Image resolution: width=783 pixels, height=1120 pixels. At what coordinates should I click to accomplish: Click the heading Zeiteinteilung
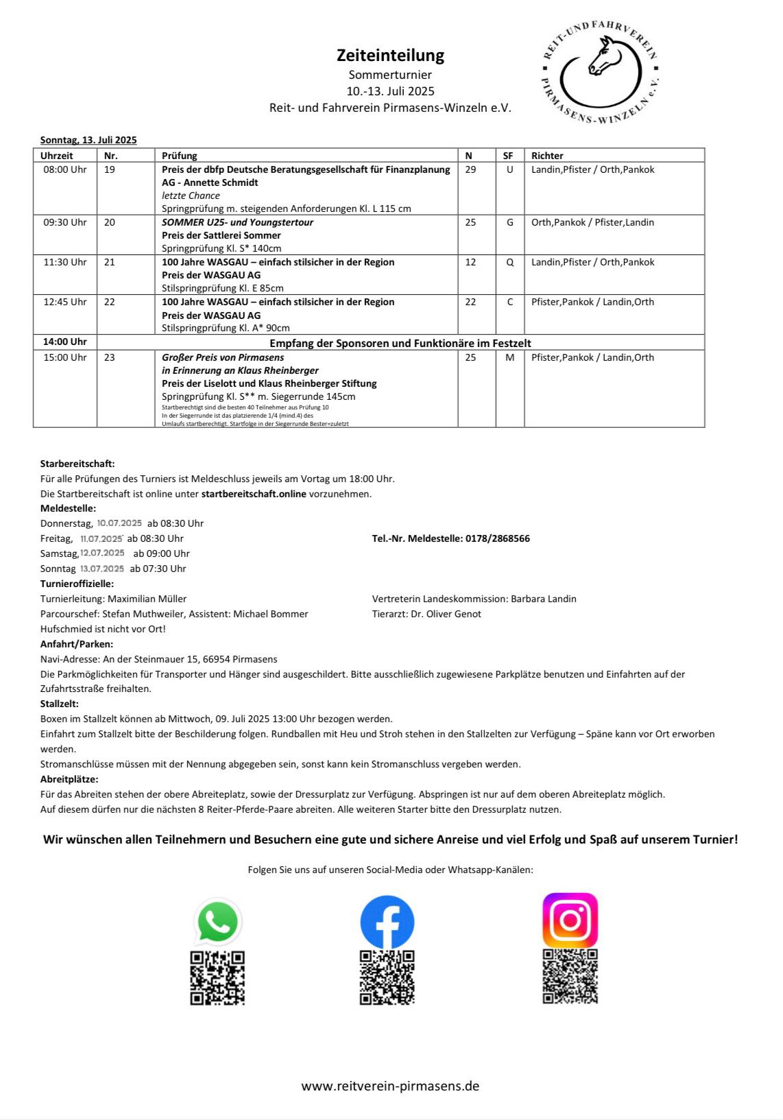tap(390, 55)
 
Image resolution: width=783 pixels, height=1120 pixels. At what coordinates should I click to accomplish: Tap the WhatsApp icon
tap(217, 922)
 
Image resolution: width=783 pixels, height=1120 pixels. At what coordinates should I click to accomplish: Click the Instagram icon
tap(570, 920)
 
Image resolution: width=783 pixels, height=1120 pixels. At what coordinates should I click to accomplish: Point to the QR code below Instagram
tap(570, 977)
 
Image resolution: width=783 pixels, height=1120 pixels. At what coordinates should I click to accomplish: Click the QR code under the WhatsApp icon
tap(217, 978)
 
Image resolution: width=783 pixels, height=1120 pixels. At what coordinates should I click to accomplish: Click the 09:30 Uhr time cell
tap(65, 222)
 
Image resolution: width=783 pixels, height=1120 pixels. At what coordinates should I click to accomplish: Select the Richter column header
tap(547, 156)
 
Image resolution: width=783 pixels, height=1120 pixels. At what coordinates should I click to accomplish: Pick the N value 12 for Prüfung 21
tap(470, 262)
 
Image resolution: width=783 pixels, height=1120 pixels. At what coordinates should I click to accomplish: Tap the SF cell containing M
tap(509, 357)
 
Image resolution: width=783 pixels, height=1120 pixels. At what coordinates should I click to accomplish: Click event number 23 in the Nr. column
tap(110, 357)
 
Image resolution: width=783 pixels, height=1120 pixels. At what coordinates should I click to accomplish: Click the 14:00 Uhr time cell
tap(65, 342)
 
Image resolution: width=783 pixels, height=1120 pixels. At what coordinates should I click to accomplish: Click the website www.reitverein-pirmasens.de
tap(390, 1086)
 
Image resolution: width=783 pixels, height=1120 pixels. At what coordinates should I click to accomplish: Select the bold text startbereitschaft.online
tap(254, 494)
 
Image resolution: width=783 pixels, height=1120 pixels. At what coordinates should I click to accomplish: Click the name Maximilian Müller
tap(147, 599)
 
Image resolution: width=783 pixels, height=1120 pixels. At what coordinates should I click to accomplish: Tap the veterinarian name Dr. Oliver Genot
tap(446, 614)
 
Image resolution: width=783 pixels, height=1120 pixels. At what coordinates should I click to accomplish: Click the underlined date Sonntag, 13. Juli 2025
tap(88, 140)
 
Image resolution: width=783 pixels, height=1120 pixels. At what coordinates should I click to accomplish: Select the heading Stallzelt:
tap(60, 704)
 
